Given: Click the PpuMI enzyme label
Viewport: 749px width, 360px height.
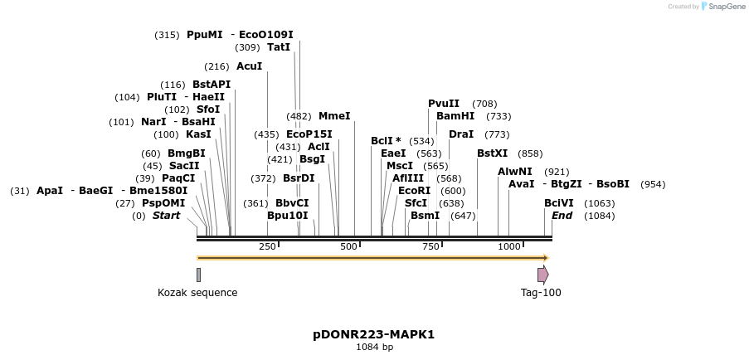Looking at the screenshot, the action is (x=204, y=35).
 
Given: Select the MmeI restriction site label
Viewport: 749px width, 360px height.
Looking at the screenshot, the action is (x=334, y=116).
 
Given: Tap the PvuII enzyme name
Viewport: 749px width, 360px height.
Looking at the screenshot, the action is (x=444, y=104).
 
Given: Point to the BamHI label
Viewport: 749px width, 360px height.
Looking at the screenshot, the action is (x=455, y=116).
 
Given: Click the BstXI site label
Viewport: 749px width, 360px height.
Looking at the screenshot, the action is (x=492, y=153).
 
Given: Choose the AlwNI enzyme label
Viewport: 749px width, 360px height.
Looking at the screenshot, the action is (x=515, y=172).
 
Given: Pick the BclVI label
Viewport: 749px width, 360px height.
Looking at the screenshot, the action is (x=558, y=203).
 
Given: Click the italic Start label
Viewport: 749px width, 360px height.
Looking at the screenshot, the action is (x=166, y=216).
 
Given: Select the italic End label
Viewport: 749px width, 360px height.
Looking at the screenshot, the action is (x=562, y=216).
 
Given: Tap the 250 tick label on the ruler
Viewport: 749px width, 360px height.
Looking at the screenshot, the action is (x=267, y=247).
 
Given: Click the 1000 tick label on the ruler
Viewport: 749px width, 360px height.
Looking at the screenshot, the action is (x=508, y=247).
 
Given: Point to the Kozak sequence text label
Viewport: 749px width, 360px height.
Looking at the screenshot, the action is (x=197, y=293).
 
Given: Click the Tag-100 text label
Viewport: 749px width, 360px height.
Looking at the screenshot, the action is (x=541, y=293).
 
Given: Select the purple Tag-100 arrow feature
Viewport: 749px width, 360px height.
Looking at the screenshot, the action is (x=542, y=275).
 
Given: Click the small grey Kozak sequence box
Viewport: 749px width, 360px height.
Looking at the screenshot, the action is (x=198, y=275).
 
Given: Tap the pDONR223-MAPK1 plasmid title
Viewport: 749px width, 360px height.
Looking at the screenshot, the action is (x=373, y=335).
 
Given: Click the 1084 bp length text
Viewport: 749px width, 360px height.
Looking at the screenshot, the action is (x=374, y=348).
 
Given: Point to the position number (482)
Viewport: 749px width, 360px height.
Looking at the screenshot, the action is (x=299, y=116).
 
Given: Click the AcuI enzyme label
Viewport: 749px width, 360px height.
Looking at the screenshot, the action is (x=249, y=66).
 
